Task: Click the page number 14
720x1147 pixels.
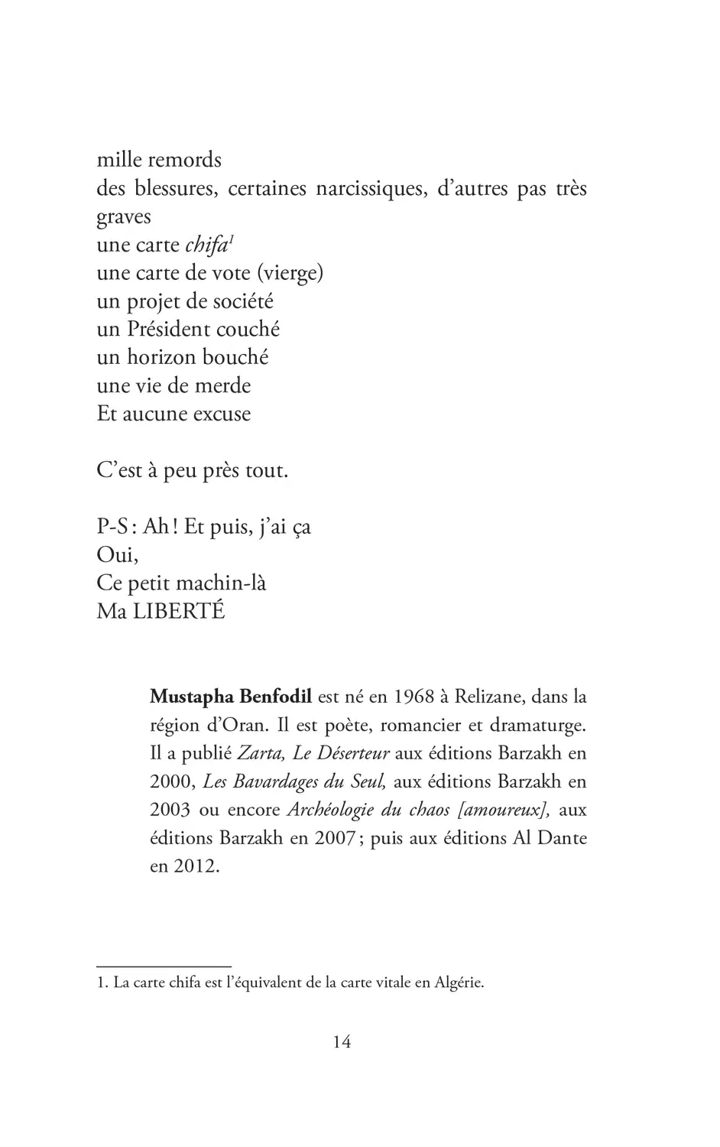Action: coord(342,1041)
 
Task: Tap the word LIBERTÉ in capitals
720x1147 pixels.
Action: coord(180,612)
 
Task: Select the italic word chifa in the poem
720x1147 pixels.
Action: coord(206,245)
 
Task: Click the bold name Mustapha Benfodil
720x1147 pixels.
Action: coord(231,697)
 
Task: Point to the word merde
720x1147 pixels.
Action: coord(222,386)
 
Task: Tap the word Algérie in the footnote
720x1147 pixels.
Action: coord(459,983)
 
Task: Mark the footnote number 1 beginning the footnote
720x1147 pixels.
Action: coord(100,983)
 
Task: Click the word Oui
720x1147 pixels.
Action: coord(117,555)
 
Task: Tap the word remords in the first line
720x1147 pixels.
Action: coord(184,160)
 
